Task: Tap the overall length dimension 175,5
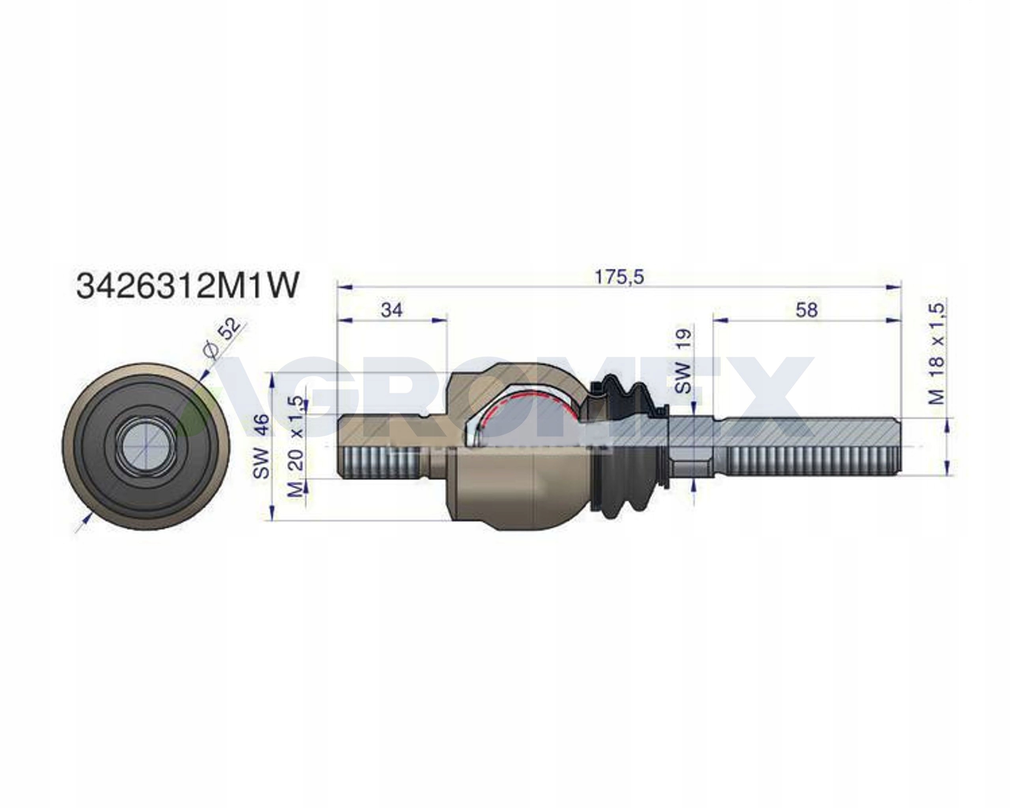[x=619, y=277]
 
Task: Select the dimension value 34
[x=392, y=310]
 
